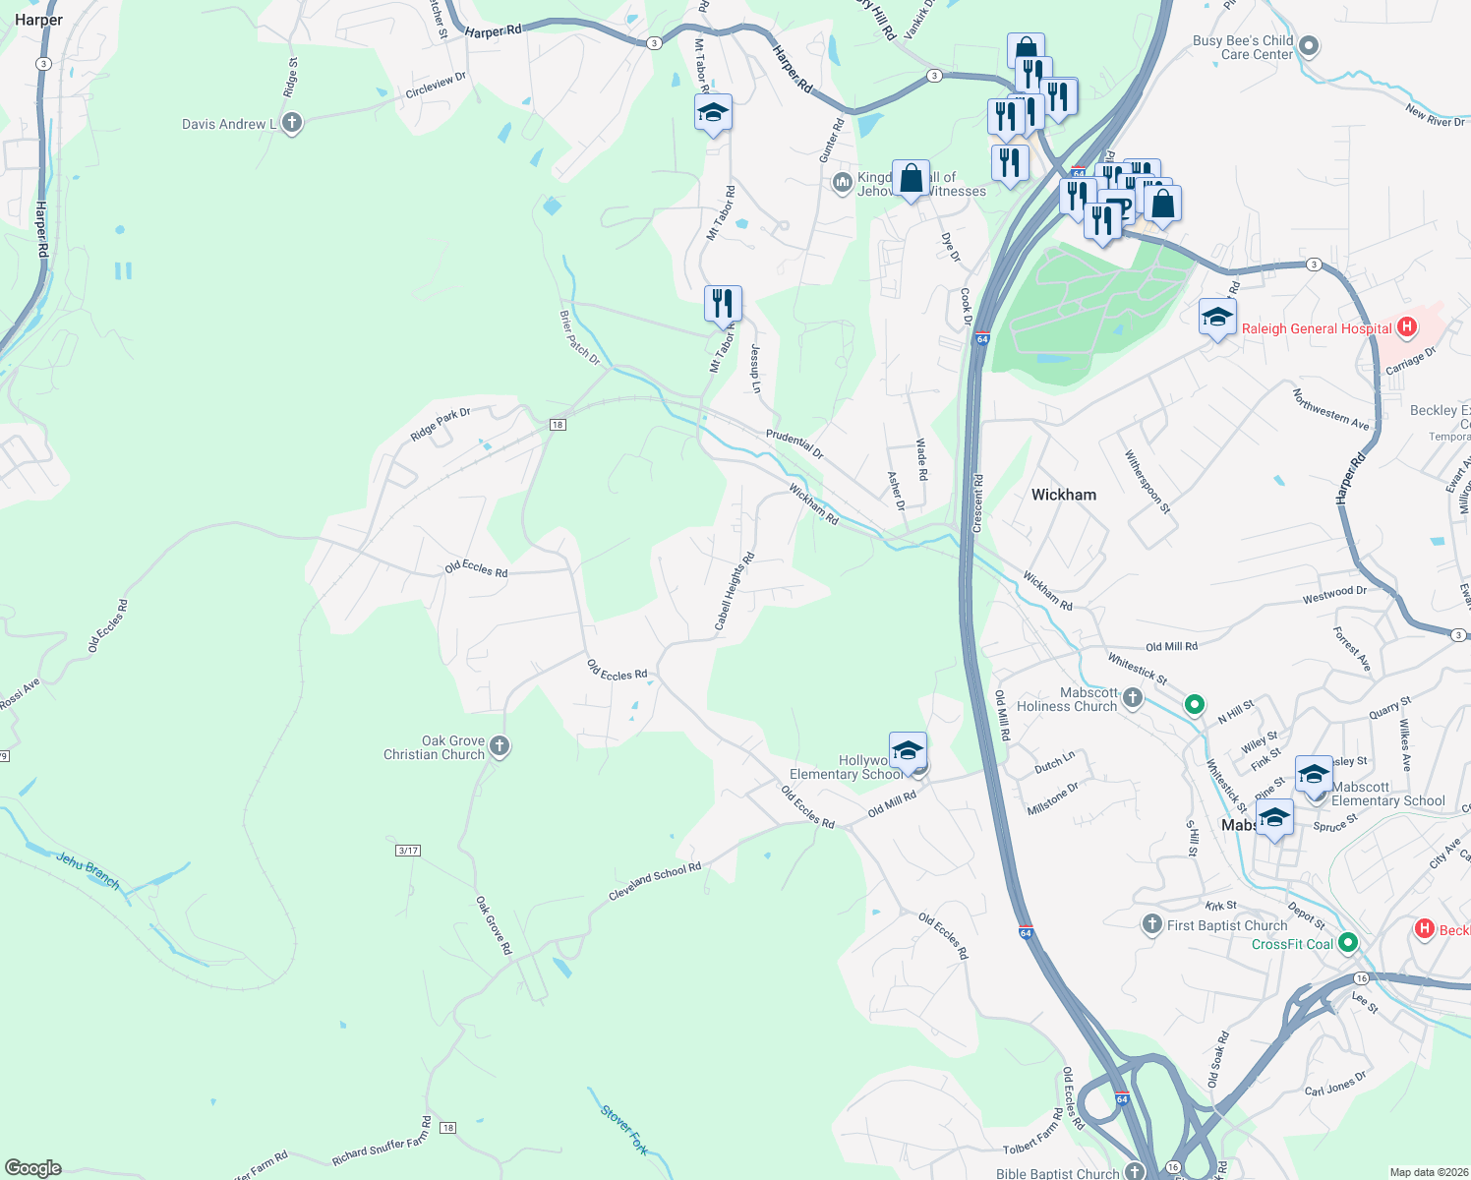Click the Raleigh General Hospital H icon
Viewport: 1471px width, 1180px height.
point(1406,327)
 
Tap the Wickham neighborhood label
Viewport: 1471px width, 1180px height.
point(1063,495)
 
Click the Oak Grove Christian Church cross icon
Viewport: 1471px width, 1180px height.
point(500,746)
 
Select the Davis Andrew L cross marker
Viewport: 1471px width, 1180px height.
point(291,123)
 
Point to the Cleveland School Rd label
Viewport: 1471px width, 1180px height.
point(655,881)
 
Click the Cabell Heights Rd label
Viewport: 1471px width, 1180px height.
point(735,591)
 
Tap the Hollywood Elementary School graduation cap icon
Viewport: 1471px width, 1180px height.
point(907,751)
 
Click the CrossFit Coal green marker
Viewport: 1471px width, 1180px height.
point(1348,943)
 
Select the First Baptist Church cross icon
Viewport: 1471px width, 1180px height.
point(1151,924)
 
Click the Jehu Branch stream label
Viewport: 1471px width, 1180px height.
point(88,870)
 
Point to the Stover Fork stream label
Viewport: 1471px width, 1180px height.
point(624,1130)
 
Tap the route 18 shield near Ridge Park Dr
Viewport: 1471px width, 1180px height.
point(558,425)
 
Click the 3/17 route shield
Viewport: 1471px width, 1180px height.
point(408,850)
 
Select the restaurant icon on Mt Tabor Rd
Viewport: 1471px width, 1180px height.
point(723,303)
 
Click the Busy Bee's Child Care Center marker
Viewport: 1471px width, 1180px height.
point(1309,45)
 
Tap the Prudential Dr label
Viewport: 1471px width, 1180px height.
point(794,443)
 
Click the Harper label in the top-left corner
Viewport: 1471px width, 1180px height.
point(38,20)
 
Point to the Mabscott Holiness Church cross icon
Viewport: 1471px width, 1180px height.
point(1133,698)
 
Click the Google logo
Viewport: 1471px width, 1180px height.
point(32,1167)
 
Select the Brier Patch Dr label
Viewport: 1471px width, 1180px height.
point(579,337)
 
